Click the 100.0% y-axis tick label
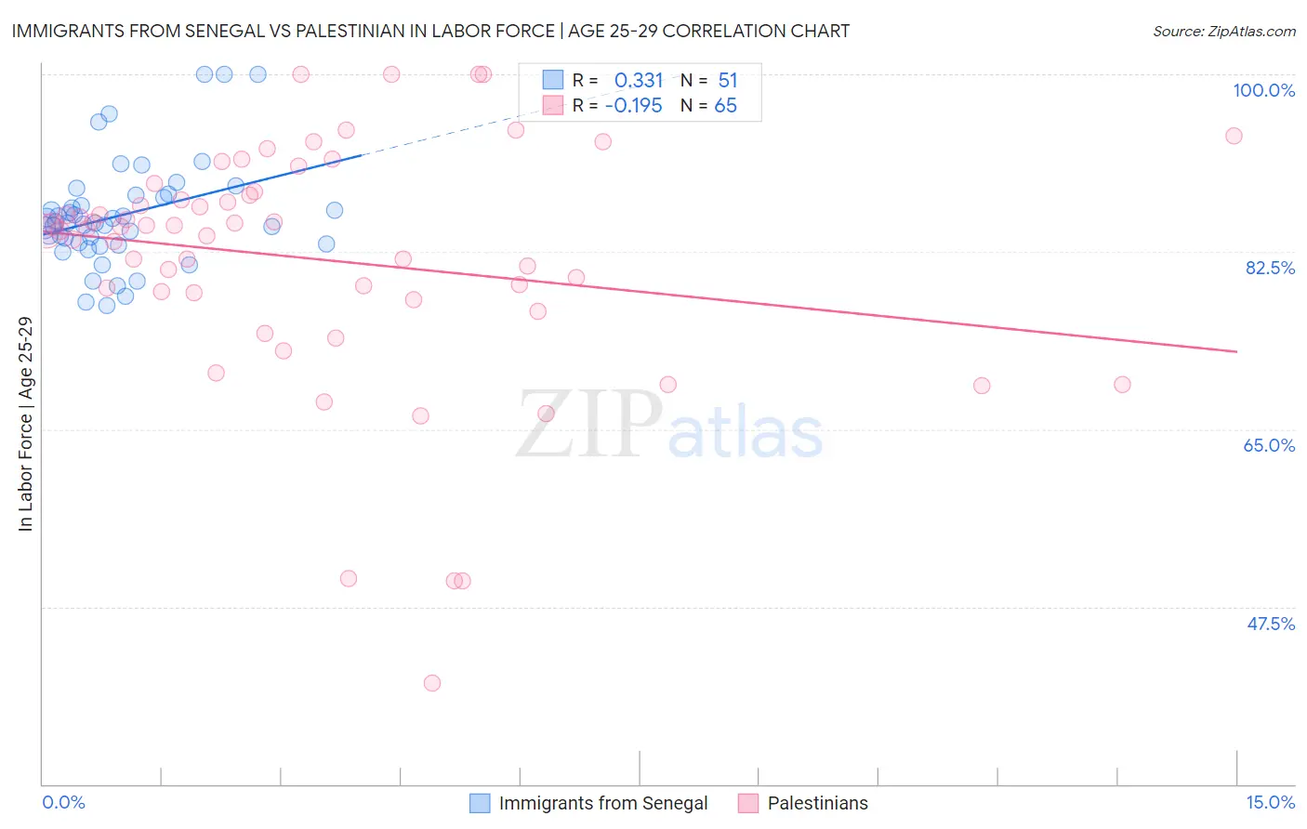point(1263,90)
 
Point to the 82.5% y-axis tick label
point(1270,268)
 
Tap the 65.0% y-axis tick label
point(1269,445)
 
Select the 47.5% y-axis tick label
point(1271,624)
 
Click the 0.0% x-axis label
point(63,802)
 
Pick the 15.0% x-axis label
point(1270,802)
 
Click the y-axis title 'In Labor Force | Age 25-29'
point(25,424)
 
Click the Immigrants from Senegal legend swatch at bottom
point(480,803)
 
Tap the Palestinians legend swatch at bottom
point(748,803)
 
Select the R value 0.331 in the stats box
point(639,81)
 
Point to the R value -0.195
point(633,106)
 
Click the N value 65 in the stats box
point(725,106)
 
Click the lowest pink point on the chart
point(431,683)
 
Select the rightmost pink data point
point(1234,136)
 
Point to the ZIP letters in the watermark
point(589,425)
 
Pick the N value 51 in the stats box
point(727,81)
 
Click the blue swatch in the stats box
point(553,81)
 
